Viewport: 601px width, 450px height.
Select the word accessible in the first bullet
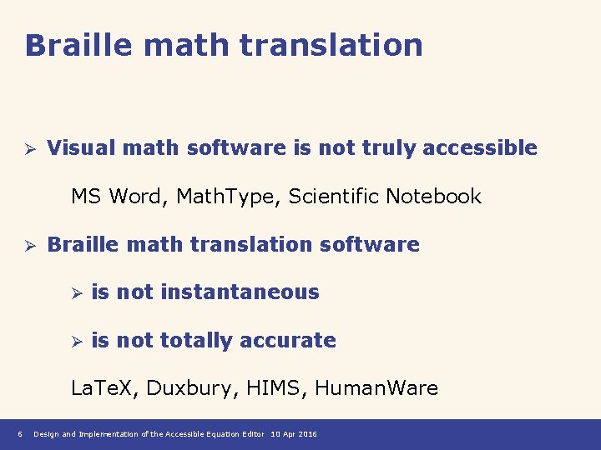(x=480, y=148)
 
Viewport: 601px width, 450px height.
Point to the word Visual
(x=81, y=148)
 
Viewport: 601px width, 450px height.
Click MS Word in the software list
(x=109, y=197)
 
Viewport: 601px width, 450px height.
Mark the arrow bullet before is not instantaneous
(x=74, y=294)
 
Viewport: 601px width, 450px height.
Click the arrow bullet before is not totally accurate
(x=74, y=342)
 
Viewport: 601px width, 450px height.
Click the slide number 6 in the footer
(x=18, y=434)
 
